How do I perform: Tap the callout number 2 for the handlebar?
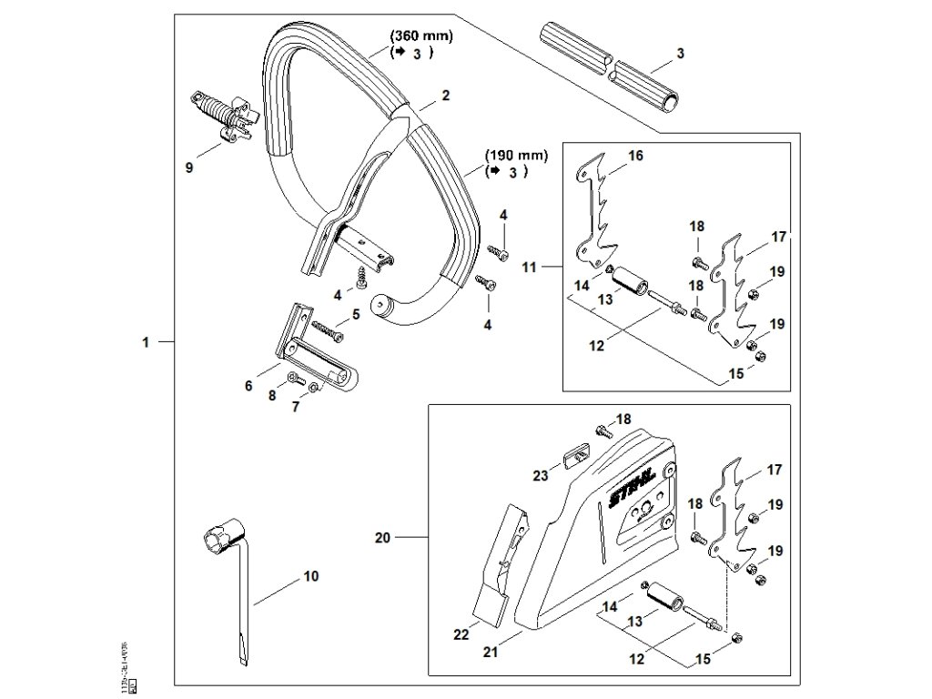[x=446, y=95]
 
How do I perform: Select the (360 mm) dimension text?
[x=420, y=36]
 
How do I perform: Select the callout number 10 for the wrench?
[x=310, y=575]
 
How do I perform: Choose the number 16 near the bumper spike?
[x=635, y=157]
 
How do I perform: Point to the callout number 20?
[x=383, y=538]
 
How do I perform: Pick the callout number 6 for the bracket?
[x=248, y=386]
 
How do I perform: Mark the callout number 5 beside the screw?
[x=355, y=314]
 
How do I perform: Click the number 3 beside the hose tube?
[x=680, y=55]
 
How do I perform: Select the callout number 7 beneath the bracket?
[x=295, y=407]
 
